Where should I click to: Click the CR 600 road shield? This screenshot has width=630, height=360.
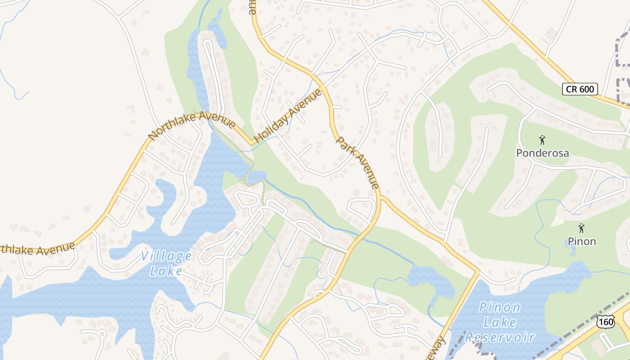coord(580,89)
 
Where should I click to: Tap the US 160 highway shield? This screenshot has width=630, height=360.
coord(606,321)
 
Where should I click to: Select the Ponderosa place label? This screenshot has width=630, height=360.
coord(542,153)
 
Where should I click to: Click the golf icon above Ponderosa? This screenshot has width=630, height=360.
coord(542,140)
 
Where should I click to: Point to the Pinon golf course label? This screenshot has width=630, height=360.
coord(581,241)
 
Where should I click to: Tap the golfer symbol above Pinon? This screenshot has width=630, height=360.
coord(581,228)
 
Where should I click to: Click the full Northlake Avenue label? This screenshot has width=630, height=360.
coord(192,126)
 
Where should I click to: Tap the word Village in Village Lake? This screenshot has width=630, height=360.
coord(166,256)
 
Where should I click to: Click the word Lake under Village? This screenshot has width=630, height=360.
coord(166,271)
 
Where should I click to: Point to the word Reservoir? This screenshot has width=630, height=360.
coord(499,337)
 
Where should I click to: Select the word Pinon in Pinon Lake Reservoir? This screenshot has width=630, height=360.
coord(499,308)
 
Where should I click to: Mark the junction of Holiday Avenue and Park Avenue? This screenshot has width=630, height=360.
coord(323,85)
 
